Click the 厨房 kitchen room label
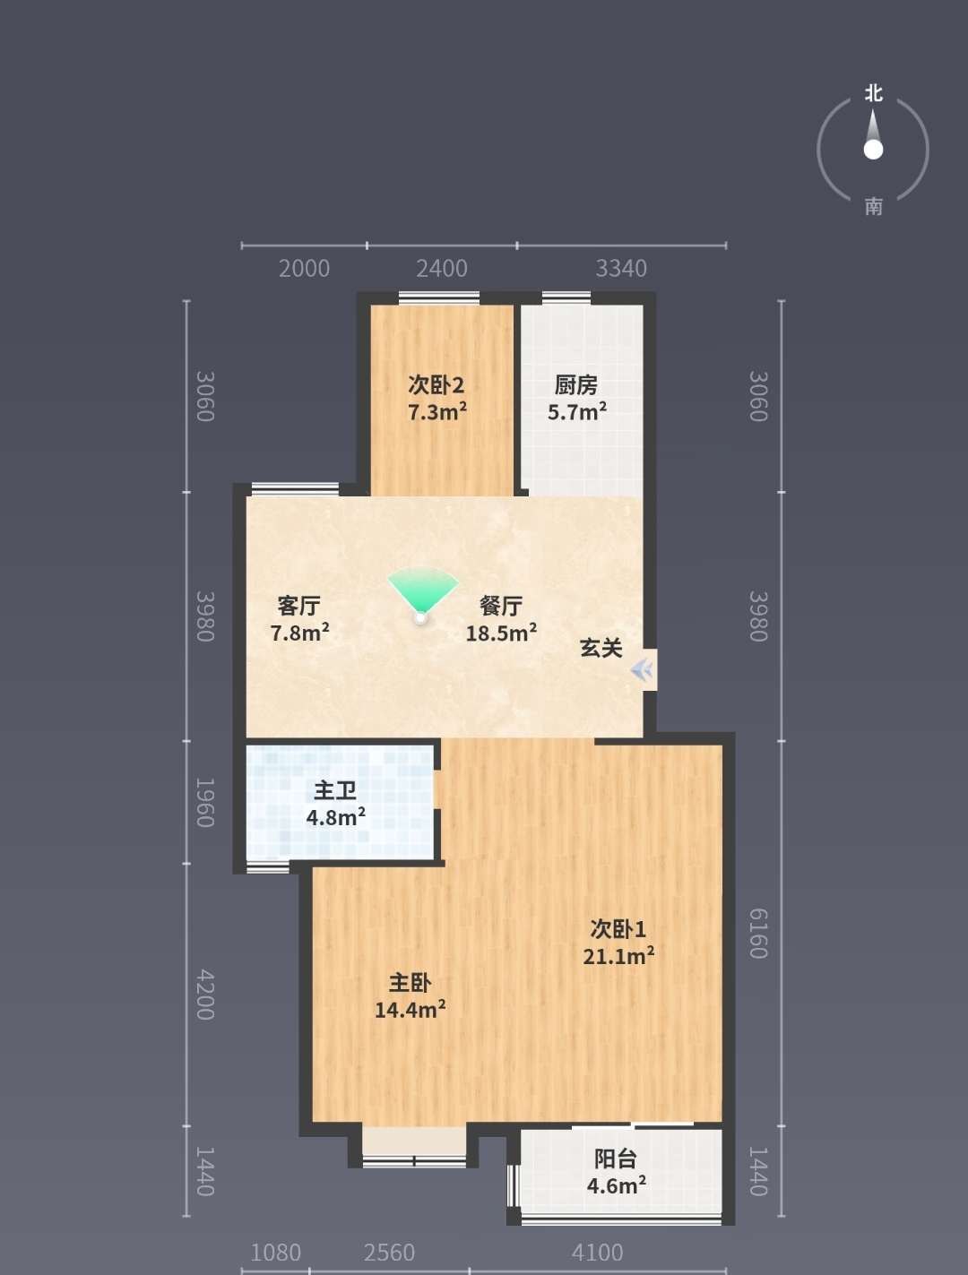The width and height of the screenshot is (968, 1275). [x=575, y=384]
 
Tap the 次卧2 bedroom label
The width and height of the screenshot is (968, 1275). [x=436, y=384]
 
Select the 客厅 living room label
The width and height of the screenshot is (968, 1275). [x=298, y=606]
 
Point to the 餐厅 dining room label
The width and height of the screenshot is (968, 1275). [x=501, y=606]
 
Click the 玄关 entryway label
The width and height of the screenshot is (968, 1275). [x=601, y=648]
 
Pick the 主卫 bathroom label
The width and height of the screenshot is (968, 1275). [x=335, y=790]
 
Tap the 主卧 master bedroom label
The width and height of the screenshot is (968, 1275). [x=411, y=983]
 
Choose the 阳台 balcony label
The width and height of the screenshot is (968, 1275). [x=616, y=1159]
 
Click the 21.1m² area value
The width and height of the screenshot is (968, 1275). [x=618, y=955]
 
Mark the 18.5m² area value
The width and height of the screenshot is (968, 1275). [x=501, y=633]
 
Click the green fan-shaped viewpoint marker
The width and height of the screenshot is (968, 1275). [x=422, y=590]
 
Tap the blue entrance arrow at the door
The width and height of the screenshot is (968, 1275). [x=643, y=670]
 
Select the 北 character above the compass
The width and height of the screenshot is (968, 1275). [x=874, y=93]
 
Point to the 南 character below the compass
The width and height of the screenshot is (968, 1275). [x=874, y=206]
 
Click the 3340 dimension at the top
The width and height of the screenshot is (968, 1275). [x=621, y=269]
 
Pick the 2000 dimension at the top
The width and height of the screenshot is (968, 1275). [x=304, y=269]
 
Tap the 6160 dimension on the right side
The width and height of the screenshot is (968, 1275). [x=758, y=934]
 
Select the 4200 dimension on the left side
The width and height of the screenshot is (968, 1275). [x=205, y=994]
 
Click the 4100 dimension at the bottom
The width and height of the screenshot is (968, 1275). [x=597, y=1253]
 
